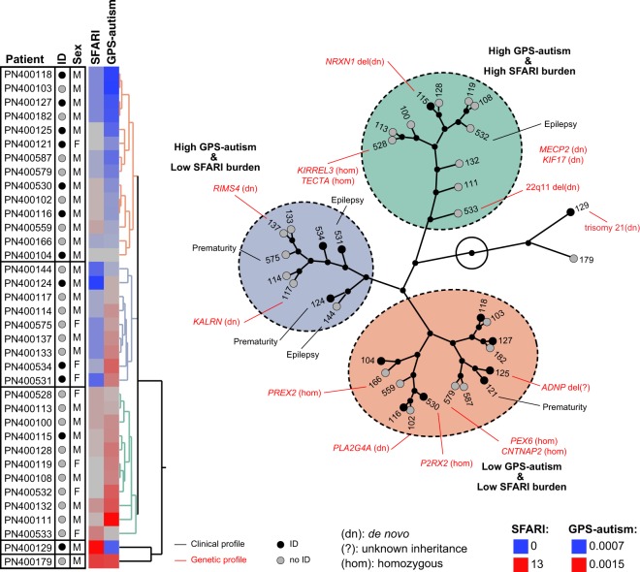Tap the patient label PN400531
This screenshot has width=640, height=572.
tap(28, 377)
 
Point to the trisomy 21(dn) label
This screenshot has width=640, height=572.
tap(609, 227)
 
